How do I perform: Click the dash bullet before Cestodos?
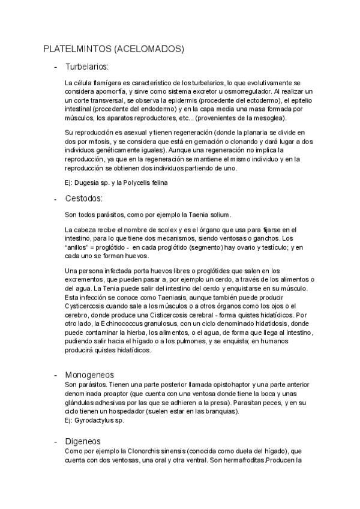pyautogui.click(x=56, y=199)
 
